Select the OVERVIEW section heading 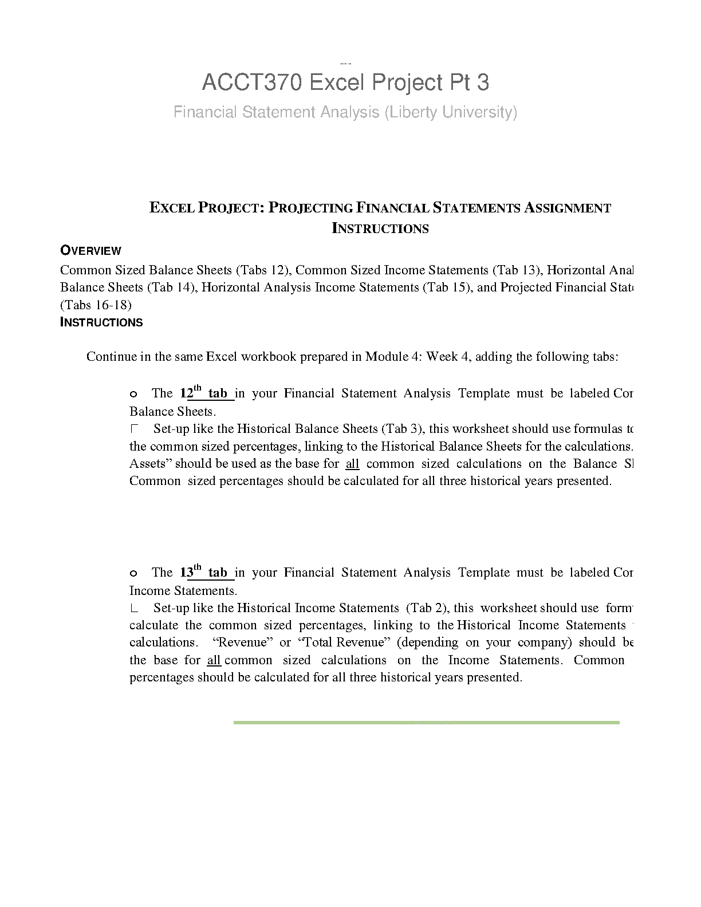coord(90,250)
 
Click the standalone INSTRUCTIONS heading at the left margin coord(101,322)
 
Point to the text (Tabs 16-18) coord(96,305)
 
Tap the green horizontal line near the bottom coord(426,723)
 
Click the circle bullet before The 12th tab coord(133,394)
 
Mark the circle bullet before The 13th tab coord(133,573)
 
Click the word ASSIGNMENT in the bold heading coord(568,208)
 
